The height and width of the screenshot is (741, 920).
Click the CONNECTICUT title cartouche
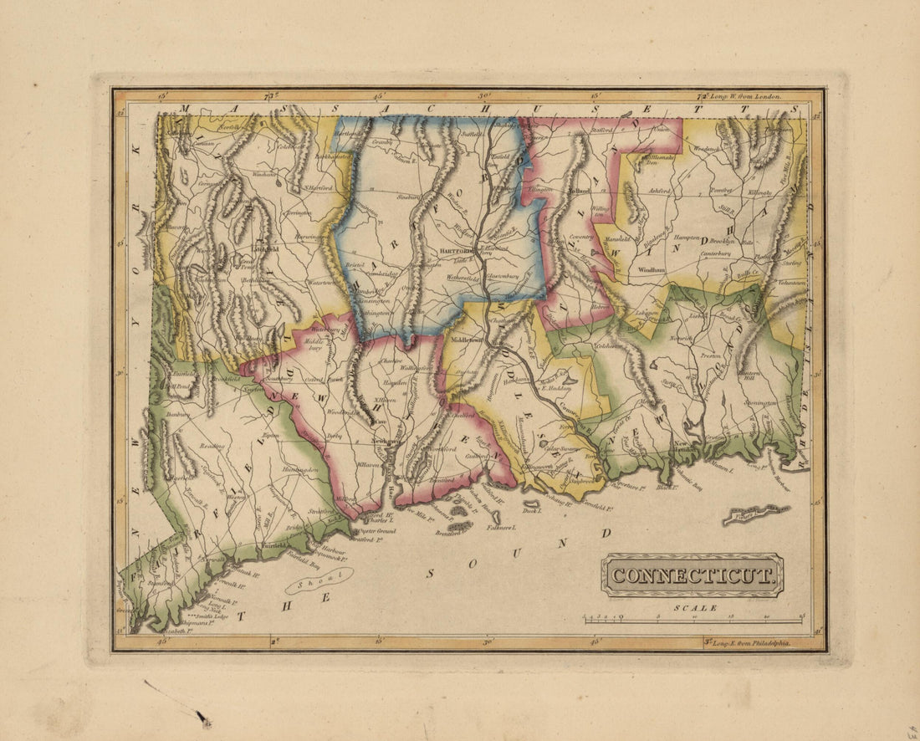tap(693, 575)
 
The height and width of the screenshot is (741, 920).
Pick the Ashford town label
tap(660, 190)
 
